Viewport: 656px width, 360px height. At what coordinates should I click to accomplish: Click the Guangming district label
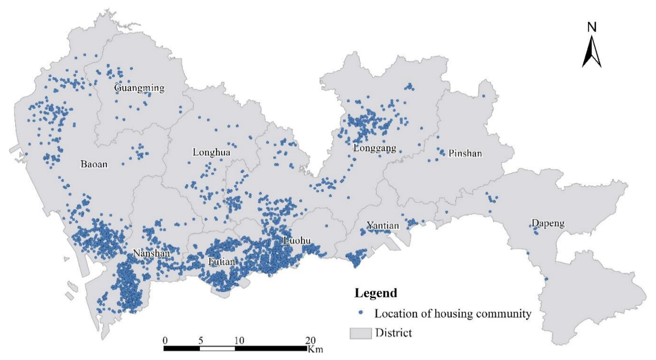click(x=139, y=88)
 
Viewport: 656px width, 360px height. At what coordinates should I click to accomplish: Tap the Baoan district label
click(x=94, y=163)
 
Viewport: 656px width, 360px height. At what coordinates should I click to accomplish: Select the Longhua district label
click(x=211, y=152)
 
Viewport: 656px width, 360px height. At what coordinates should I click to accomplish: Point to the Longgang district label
click(x=375, y=148)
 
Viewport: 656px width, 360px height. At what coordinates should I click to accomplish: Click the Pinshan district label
click(x=465, y=154)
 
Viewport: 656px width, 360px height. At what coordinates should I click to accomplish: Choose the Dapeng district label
click(x=548, y=224)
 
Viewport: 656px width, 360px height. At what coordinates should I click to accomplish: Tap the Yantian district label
click(x=383, y=226)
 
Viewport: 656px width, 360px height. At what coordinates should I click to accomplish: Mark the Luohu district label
click(x=297, y=241)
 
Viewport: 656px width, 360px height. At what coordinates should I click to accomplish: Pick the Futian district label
click(x=222, y=261)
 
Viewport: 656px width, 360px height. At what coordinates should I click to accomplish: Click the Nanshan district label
click(x=150, y=254)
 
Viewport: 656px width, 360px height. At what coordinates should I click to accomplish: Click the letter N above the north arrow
click(x=592, y=26)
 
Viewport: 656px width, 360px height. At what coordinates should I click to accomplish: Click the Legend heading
click(x=376, y=294)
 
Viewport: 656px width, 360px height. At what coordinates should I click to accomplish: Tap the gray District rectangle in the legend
click(x=360, y=333)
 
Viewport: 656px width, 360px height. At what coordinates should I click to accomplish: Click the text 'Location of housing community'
click(x=452, y=314)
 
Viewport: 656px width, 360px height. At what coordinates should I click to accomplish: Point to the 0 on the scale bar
click(x=165, y=340)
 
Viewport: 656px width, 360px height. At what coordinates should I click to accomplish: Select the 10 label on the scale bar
click(x=239, y=340)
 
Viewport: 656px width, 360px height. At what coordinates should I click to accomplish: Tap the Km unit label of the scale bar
click(x=315, y=349)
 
